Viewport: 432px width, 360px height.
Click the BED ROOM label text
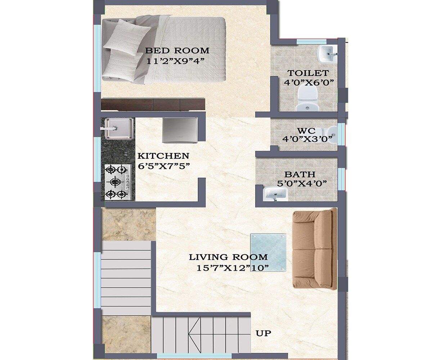[177, 50]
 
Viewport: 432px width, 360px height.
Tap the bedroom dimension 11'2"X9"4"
[175, 61]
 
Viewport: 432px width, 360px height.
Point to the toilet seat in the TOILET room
[307, 99]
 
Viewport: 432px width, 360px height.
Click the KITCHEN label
[163, 156]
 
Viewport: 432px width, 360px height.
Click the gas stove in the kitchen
[117, 182]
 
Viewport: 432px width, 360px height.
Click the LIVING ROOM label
[229, 257]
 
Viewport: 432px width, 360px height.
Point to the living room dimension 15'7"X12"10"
[233, 268]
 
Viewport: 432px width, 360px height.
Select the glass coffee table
[269, 252]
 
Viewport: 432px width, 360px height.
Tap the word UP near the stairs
[263, 333]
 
